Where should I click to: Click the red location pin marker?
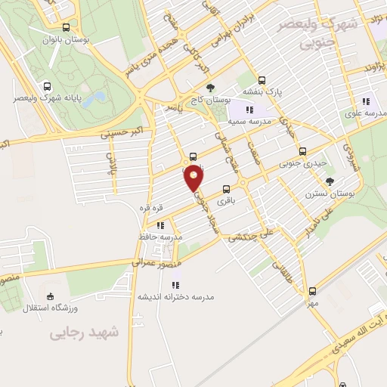[194, 177]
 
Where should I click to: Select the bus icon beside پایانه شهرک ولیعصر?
[48, 86]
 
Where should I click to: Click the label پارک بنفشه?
[268, 91]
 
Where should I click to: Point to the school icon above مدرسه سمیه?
[250, 110]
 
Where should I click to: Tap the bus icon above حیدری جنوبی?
[303, 151]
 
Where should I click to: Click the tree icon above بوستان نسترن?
[329, 181]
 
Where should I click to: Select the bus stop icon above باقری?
[226, 190]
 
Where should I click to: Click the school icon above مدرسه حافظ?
[159, 224]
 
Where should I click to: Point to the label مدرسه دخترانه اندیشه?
[175, 297]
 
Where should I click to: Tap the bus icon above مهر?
[312, 291]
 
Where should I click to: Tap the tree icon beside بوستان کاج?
[210, 88]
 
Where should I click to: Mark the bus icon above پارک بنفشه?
[262, 79]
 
